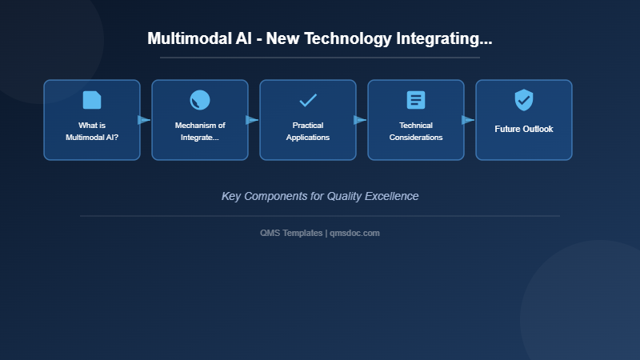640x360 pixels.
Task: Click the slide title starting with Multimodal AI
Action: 320,38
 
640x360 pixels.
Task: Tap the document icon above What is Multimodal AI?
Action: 92,100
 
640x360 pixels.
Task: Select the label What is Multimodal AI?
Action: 92,131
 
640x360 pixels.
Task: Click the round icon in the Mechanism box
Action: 200,100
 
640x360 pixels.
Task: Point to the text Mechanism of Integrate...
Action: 200,131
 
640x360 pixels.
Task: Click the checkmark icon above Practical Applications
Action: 308,100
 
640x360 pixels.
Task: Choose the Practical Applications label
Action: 308,131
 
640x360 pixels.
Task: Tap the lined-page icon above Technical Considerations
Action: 416,100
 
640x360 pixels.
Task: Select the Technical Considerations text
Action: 416,131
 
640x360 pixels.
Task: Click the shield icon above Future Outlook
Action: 524,100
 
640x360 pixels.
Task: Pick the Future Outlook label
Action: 524,129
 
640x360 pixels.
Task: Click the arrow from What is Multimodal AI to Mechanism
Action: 144,120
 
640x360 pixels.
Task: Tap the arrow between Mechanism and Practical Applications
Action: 252,120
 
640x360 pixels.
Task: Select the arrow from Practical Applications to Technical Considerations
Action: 360,120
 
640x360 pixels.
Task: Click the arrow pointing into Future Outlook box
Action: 468,120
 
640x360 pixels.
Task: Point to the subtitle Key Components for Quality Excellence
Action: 320,196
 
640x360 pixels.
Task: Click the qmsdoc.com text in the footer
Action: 354,233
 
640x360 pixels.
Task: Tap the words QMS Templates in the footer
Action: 292,233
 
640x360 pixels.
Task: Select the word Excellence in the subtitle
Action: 390,196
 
